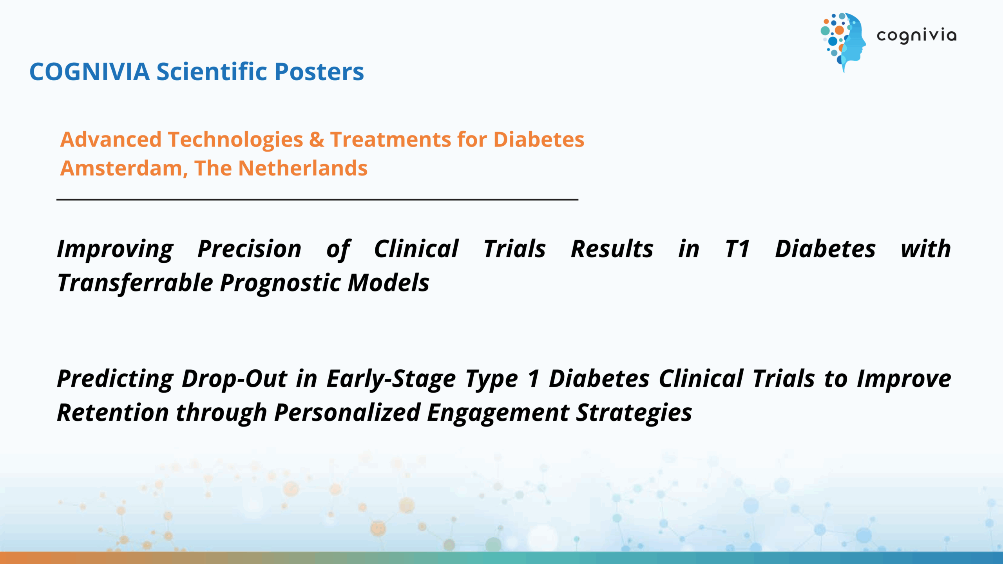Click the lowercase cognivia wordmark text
click(916, 36)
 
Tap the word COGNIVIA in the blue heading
click(90, 72)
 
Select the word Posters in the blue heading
click(319, 72)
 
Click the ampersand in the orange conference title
click(317, 139)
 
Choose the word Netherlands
click(303, 168)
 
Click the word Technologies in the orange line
click(235, 140)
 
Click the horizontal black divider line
click(317, 199)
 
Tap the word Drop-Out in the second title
click(234, 379)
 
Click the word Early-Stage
click(391, 379)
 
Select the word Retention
click(113, 413)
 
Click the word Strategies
click(634, 413)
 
